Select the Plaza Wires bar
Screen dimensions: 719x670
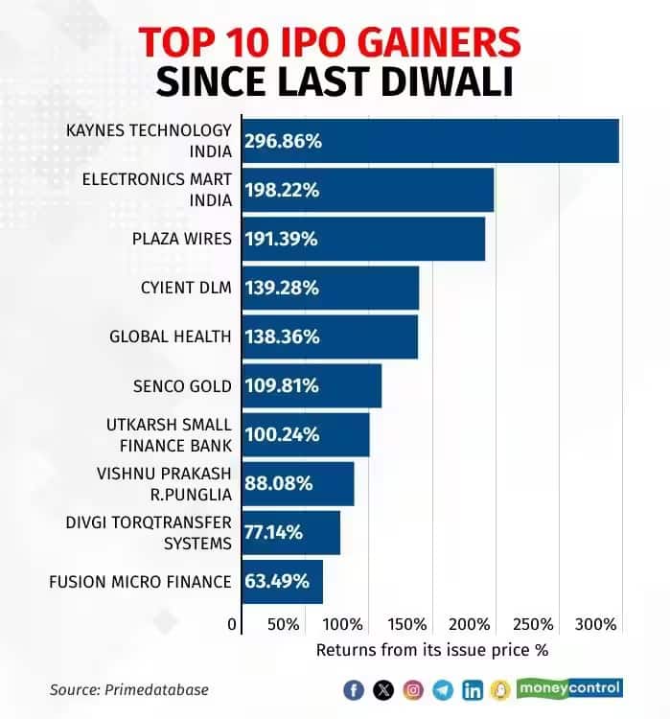[363, 239]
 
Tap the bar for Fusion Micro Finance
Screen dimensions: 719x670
[282, 582]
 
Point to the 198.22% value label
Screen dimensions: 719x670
[282, 190]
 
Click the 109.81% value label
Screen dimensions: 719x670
[282, 386]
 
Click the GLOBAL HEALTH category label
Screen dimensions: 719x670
[171, 336]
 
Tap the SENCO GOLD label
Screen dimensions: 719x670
[182, 386]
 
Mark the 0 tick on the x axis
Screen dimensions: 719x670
[232, 625]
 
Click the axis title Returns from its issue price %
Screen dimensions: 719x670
[431, 650]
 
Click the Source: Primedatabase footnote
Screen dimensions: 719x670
[128, 689]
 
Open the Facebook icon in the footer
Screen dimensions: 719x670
[353, 689]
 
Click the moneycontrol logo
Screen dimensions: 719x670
[569, 688]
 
